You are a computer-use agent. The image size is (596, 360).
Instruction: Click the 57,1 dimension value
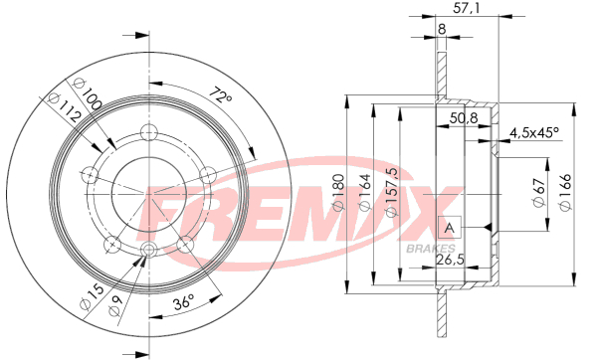tap(467, 8)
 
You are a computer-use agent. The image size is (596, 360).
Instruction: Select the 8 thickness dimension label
tap(442, 29)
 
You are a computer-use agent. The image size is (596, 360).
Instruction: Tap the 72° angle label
tap(221, 95)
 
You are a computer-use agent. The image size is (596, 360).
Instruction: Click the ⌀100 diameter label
tap(88, 93)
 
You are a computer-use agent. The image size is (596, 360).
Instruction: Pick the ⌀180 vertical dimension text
tap(338, 193)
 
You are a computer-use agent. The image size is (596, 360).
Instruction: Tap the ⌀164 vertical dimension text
tap(365, 193)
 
